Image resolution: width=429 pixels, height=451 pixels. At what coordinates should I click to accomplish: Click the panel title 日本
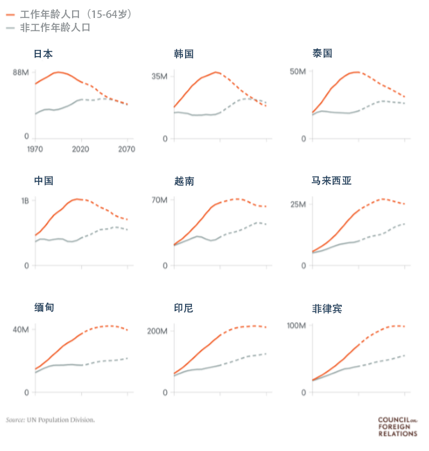tap(43, 53)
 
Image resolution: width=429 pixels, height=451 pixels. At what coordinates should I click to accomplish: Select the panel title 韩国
tap(183, 53)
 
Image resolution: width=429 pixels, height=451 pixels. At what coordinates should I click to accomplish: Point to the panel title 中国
tap(43, 181)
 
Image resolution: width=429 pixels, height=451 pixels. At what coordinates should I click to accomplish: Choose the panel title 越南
tap(184, 181)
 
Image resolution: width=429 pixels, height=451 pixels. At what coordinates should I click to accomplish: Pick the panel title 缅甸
tap(43, 308)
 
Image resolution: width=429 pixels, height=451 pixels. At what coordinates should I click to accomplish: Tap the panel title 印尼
tap(183, 308)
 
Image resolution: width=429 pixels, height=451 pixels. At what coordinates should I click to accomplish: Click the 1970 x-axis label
tap(35, 149)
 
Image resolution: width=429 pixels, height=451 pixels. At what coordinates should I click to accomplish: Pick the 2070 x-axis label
tap(126, 149)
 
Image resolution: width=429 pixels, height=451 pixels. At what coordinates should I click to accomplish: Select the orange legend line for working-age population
tap(9, 14)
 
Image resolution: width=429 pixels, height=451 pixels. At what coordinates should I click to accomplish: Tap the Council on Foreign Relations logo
tap(397, 426)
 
